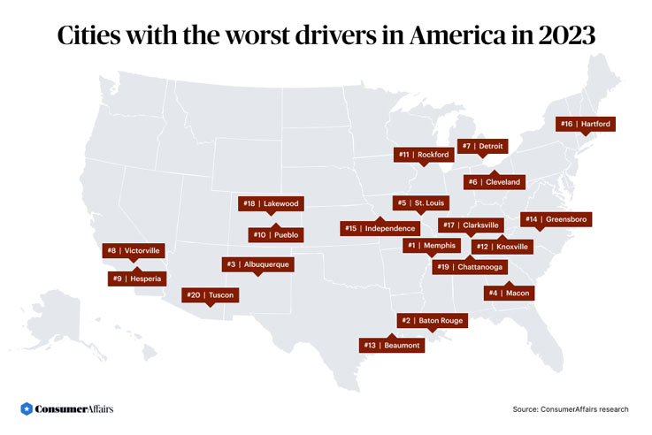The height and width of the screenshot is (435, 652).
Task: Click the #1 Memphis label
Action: click(432, 245)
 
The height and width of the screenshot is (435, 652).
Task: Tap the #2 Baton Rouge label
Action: click(432, 320)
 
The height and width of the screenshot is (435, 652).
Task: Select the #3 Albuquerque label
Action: click(257, 263)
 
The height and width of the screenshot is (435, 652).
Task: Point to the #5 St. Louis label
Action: click(421, 202)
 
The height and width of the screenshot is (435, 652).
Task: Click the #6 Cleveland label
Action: click(495, 182)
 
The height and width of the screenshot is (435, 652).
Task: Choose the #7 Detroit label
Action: click(482, 145)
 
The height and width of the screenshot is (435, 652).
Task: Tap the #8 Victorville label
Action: click(132, 250)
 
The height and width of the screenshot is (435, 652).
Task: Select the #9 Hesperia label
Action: click(134, 279)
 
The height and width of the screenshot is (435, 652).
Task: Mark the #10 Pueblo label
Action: click(277, 235)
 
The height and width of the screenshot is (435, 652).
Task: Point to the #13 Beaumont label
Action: click(393, 345)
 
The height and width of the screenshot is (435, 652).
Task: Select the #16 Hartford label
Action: click(586, 124)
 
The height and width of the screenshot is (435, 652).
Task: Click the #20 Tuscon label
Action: click(209, 294)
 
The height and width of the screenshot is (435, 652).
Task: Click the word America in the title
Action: click(437, 36)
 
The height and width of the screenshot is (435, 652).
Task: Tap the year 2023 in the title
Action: click(560, 36)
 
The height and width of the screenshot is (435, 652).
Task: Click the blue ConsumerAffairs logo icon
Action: click(27, 408)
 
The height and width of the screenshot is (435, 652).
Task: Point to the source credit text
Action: click(570, 409)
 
